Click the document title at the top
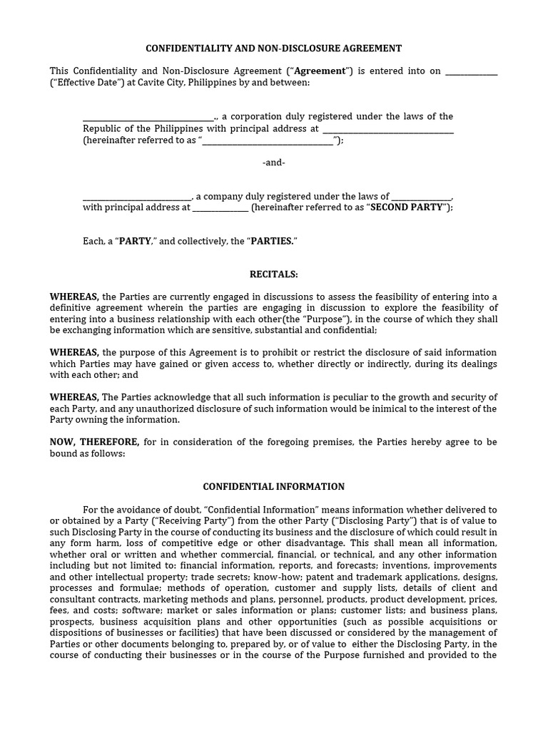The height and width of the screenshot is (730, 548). [273, 48]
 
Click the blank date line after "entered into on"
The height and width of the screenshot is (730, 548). [471, 71]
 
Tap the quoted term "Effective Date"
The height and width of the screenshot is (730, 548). [81, 83]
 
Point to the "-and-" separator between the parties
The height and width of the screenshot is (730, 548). [273, 163]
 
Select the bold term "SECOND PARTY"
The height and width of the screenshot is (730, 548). [408, 207]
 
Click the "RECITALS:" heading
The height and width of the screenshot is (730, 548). [273, 274]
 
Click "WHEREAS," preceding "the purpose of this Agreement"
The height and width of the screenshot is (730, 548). [74, 353]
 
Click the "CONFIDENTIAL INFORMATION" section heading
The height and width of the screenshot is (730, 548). [273, 487]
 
